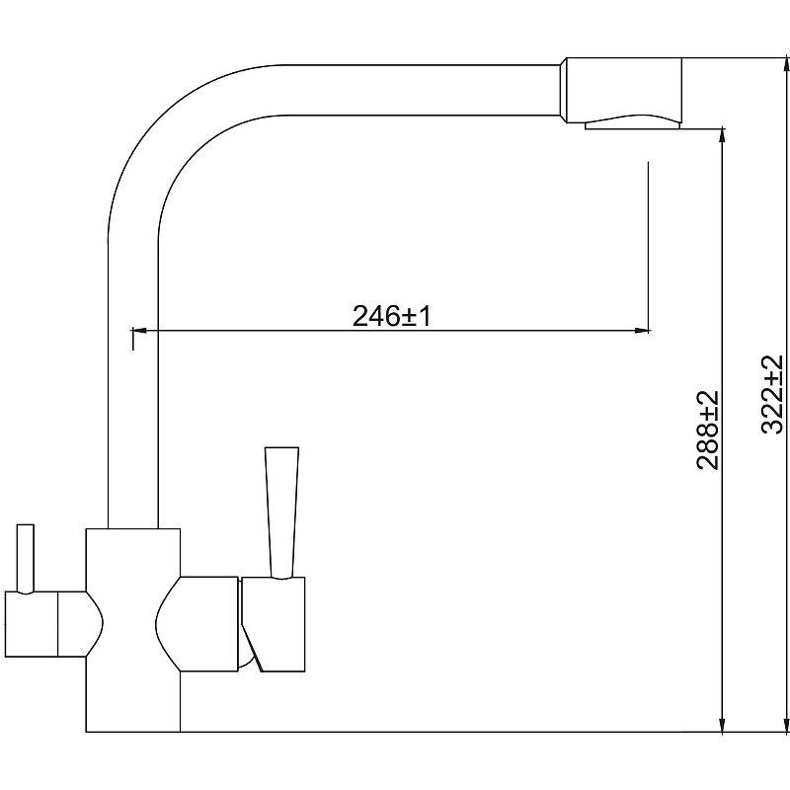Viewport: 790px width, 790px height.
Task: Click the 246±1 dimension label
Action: click(391, 317)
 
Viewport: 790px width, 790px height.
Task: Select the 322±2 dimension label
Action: click(772, 394)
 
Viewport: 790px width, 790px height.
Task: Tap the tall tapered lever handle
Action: click(281, 512)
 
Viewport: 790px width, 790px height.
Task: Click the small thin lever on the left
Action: click(26, 559)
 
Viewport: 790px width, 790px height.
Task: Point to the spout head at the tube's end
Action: click(620, 90)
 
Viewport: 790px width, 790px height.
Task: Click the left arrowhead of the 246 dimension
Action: click(138, 331)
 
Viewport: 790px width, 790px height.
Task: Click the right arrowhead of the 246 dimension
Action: click(641, 331)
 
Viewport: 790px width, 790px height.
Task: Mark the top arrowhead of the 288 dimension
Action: click(723, 136)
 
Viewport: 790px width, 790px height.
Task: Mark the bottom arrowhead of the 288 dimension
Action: click(723, 724)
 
